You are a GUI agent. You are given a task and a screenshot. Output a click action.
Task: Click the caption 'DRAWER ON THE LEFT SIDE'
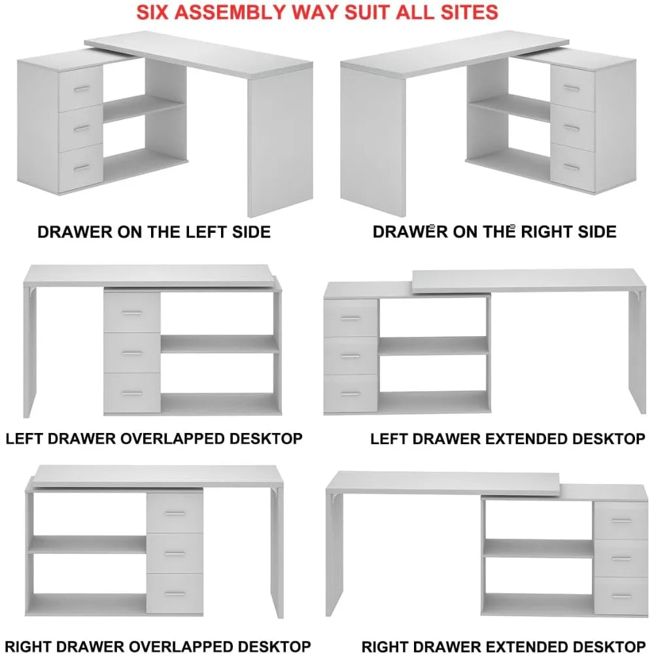(x=154, y=232)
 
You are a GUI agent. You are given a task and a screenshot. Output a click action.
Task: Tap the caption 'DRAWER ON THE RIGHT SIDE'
(x=494, y=232)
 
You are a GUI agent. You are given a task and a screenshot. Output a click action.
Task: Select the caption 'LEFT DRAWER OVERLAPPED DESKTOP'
(x=154, y=438)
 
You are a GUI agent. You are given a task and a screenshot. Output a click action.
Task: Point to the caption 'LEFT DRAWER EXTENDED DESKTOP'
(x=508, y=439)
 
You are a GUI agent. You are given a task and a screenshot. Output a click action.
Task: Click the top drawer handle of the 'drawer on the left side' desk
(x=80, y=88)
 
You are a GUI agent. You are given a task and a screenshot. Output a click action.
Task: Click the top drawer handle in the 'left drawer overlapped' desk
(x=132, y=313)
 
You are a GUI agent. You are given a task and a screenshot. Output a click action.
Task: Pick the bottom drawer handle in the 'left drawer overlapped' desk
(x=132, y=393)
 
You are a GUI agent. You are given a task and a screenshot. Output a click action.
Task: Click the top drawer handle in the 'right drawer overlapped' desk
(x=175, y=513)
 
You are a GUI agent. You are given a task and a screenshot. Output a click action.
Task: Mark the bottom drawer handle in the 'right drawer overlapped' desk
(x=175, y=594)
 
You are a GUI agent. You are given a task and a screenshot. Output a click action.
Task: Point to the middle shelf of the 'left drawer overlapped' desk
(x=220, y=344)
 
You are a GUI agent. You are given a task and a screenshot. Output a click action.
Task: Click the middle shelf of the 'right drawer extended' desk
(x=538, y=549)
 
